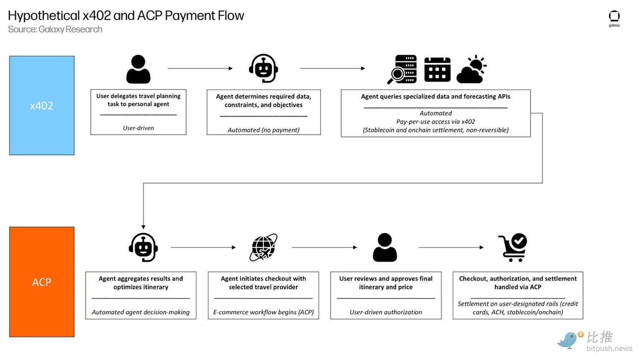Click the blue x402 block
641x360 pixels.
coord(42,105)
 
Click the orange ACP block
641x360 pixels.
coord(42,282)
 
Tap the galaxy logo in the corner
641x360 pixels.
coord(614,18)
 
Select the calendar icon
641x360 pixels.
coord(437,69)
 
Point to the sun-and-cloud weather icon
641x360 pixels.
coord(472,69)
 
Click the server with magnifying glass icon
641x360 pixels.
coord(402,69)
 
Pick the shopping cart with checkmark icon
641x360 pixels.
coord(513,247)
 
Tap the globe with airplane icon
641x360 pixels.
coord(263,247)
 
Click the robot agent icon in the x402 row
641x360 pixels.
coord(264,68)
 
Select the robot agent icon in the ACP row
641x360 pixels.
coord(143,247)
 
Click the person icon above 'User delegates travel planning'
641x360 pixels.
coord(138,69)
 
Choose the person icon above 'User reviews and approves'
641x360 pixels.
coord(385,247)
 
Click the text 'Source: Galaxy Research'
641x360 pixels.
coord(55,29)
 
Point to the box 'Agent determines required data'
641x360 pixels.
coord(264,112)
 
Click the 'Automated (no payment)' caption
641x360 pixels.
coord(264,130)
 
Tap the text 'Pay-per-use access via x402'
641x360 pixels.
coord(435,122)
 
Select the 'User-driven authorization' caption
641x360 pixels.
coord(386,312)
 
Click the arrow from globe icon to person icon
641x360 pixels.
coord(324,247)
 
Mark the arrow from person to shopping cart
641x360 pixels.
coord(451,247)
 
